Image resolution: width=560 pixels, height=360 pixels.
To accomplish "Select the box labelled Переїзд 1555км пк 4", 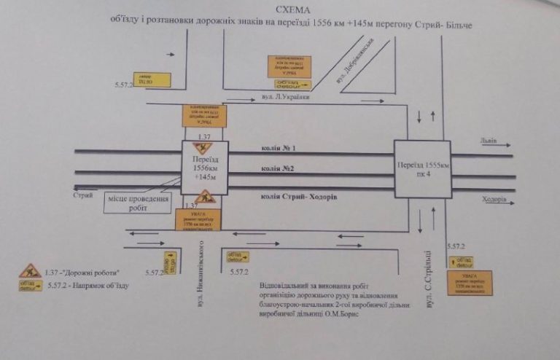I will point(422,169).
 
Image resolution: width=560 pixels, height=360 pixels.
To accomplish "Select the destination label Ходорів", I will point(494,200).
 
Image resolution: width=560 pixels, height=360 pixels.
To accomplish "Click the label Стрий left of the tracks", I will point(83,195).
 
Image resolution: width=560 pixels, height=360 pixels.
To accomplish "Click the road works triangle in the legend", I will point(30,271).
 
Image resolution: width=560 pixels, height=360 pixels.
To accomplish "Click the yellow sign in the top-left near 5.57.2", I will point(151,79).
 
